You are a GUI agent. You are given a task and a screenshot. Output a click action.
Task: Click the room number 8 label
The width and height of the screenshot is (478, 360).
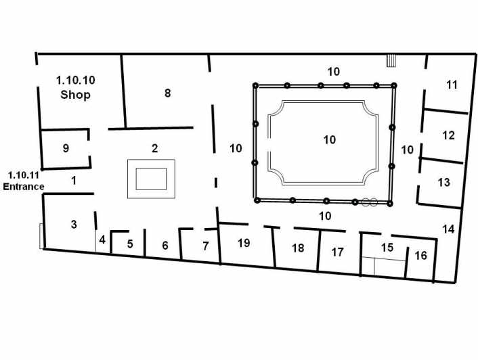pos(168,93)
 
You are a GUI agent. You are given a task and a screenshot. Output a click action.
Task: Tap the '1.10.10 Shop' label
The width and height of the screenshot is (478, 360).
pos(75,87)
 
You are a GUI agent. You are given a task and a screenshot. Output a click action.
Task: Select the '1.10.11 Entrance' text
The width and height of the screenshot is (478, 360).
pos(24,181)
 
